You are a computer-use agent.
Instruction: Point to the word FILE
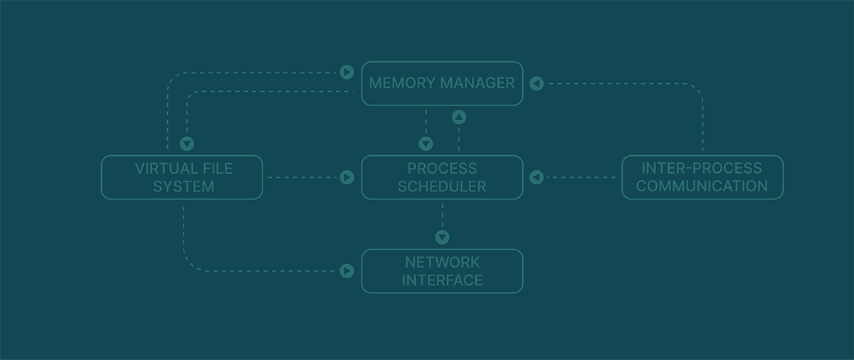click(217, 169)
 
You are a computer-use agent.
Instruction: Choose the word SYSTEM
click(184, 186)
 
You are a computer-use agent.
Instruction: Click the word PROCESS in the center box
click(442, 169)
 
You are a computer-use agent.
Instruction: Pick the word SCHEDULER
click(442, 186)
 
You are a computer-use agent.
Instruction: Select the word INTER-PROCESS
click(702, 169)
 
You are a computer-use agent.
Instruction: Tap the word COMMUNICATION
click(702, 186)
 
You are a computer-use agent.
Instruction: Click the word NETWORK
click(442, 262)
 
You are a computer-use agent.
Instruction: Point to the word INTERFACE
click(442, 280)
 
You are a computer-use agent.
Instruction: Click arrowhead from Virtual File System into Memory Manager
click(347, 72)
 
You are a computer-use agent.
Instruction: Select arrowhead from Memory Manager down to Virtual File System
click(187, 144)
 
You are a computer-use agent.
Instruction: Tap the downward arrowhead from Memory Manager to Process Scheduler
click(426, 144)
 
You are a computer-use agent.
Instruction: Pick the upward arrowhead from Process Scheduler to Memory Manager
click(459, 117)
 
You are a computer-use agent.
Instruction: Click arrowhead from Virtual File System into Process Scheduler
click(347, 177)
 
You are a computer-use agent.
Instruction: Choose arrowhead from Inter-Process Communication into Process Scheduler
click(537, 177)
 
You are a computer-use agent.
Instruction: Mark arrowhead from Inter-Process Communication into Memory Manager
click(537, 83)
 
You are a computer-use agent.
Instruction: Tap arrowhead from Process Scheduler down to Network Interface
click(442, 237)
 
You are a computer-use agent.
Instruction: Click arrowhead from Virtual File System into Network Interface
click(347, 270)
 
